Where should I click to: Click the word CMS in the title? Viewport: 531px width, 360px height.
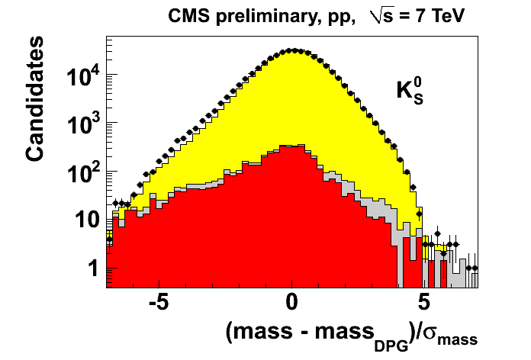click(188, 16)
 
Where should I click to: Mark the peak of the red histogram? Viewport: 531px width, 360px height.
click(291, 146)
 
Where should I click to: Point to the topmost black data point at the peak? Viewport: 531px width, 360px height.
click(291, 50)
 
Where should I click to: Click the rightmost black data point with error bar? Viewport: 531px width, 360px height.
click(475, 268)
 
